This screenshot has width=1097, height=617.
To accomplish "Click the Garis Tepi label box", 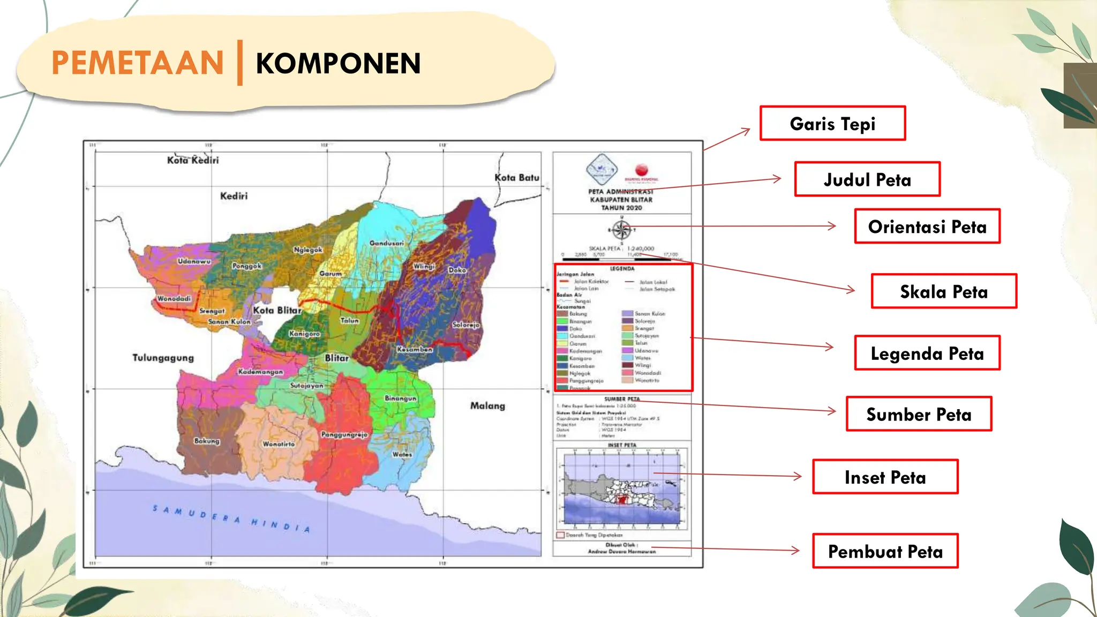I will click(832, 124).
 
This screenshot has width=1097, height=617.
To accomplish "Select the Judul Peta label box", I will click(867, 179).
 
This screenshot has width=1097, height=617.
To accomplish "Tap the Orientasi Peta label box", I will click(927, 227).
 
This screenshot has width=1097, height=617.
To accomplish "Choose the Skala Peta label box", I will click(944, 291).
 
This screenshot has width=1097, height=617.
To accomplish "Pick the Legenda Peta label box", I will click(927, 353).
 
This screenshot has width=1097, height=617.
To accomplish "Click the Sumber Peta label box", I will click(919, 414).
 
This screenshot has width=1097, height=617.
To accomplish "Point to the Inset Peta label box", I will click(885, 477).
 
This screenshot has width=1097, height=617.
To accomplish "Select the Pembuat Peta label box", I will click(885, 551).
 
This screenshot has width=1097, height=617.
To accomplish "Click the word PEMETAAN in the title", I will click(138, 63).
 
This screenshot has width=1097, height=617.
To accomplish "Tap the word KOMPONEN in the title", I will click(338, 63).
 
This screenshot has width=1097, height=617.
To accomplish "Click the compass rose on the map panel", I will click(621, 230).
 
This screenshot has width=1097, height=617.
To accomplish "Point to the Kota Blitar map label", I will click(277, 310).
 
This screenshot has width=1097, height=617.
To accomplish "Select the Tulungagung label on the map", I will click(163, 357).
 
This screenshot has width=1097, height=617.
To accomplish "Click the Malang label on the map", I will click(487, 405).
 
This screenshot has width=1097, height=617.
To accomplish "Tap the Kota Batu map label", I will click(516, 177).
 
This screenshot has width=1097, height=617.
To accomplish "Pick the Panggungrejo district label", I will click(344, 434).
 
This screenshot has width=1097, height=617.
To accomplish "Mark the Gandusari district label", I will click(386, 243).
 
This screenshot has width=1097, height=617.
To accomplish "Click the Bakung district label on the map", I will click(207, 441).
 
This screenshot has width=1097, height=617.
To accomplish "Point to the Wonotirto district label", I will click(279, 444).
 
